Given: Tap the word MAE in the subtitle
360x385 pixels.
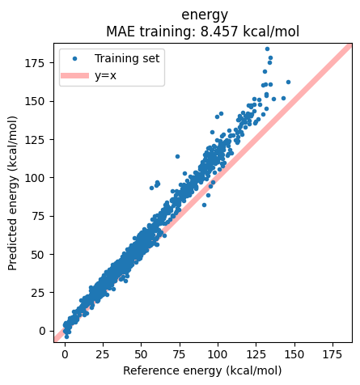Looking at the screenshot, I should point(121,31).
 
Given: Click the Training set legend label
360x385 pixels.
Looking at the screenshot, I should point(127,58).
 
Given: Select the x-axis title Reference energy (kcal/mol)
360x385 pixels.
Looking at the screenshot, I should point(202,370).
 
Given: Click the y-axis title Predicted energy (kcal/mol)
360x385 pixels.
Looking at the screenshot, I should point(13,196).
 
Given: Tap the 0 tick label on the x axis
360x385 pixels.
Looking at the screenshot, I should point(65,354).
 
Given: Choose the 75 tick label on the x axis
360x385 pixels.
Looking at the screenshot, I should point(179,354).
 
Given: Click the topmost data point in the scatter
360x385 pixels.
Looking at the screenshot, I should point(267,49).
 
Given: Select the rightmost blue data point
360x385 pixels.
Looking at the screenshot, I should point(287,82).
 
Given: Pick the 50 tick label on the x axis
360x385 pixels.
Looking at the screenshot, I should point(141,354).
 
